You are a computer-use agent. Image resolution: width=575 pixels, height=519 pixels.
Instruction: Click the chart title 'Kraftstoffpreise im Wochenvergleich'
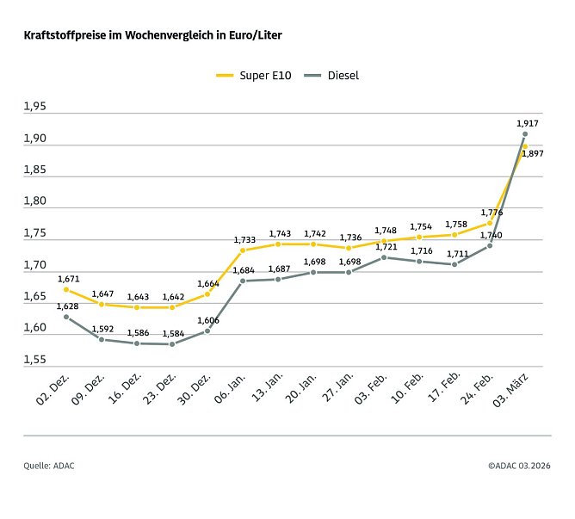(x=152, y=36)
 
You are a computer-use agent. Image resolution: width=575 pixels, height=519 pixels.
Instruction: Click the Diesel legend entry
(x=332, y=76)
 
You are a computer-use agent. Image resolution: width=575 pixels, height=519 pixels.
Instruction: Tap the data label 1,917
(x=528, y=124)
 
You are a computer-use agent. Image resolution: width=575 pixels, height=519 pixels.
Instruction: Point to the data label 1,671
(x=69, y=279)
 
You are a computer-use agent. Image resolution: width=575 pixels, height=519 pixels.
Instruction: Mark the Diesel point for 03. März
(x=525, y=134)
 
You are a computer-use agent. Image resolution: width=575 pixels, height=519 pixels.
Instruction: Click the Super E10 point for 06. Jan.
(x=243, y=250)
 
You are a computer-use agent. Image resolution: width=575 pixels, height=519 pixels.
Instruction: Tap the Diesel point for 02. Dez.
(x=66, y=317)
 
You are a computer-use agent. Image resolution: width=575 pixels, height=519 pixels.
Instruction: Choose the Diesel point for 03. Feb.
(x=384, y=257)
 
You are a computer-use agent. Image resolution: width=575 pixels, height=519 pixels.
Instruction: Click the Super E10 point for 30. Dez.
(x=207, y=294)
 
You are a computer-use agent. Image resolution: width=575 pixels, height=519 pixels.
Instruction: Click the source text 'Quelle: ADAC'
(x=49, y=466)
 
